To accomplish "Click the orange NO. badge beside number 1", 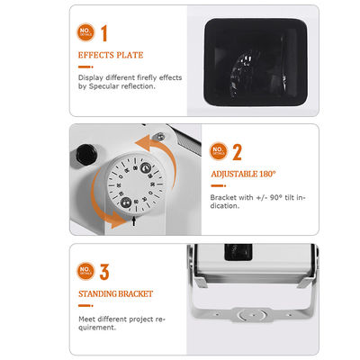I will point(84,34).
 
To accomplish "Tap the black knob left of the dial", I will point(86,154).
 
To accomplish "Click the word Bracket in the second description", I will point(225,196).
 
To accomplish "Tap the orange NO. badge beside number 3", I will point(84,269).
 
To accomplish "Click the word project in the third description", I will point(124,318).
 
